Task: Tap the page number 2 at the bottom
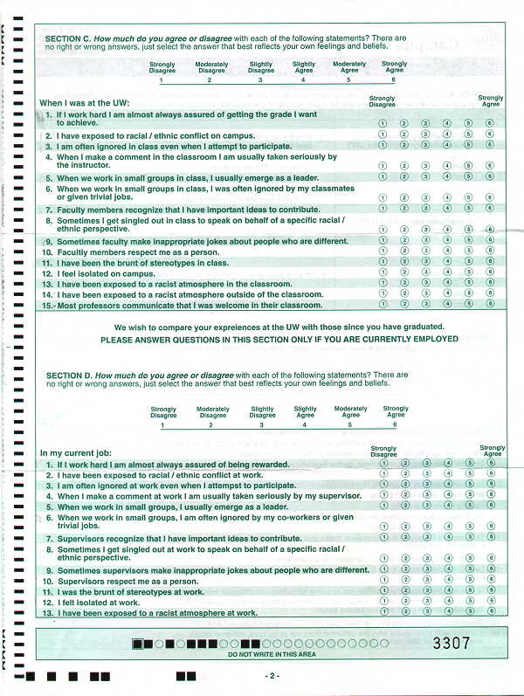pos(272,676)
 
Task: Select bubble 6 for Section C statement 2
pos(490,135)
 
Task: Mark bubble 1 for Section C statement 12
pos(383,272)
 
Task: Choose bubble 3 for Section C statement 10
pos(425,251)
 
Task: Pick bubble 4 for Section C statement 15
pos(447,305)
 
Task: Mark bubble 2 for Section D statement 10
pos(404,580)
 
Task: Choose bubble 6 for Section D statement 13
pos(491,611)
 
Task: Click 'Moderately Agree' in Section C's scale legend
pos(349,67)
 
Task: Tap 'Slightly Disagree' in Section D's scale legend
pos(262,412)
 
